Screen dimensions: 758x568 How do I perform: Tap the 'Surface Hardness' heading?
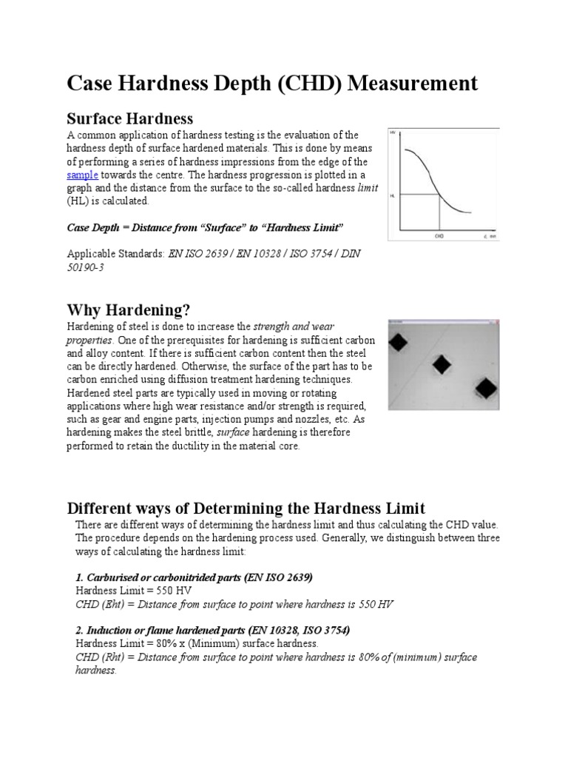[130, 118]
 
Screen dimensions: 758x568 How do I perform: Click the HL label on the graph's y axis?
[393, 195]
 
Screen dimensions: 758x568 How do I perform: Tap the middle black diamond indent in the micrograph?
[442, 363]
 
